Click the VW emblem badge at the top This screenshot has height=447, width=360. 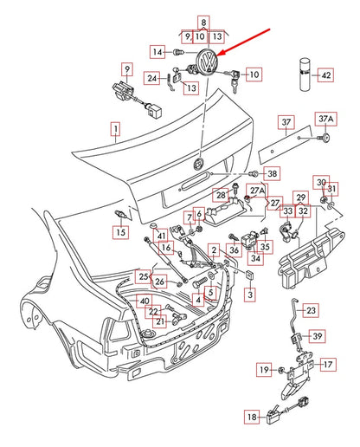pos(206,62)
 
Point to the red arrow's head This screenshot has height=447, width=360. pos(220,53)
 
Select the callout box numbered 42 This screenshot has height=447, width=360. pos(325,75)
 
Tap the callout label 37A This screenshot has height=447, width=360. pos(325,119)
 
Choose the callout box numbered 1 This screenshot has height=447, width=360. pos(115,129)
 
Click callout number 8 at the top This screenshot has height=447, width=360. pos(203,23)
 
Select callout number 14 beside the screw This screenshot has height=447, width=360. pos(157,52)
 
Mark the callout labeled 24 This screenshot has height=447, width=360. pos(152,78)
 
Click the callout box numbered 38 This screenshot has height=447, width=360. pos(272,173)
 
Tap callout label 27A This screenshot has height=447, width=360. pos(257,191)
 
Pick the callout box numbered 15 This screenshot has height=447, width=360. pos(120,232)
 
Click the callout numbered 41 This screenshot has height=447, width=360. pos(161,236)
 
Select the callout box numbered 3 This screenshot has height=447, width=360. pos(250,295)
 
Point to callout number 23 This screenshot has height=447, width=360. pos(311,310)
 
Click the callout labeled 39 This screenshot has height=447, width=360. pos(318,336)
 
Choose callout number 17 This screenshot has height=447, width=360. pos(328,365)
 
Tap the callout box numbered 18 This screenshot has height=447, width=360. pos(252,417)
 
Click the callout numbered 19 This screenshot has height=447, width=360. pos(264,369)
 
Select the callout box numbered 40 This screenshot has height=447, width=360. pos(144,301)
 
